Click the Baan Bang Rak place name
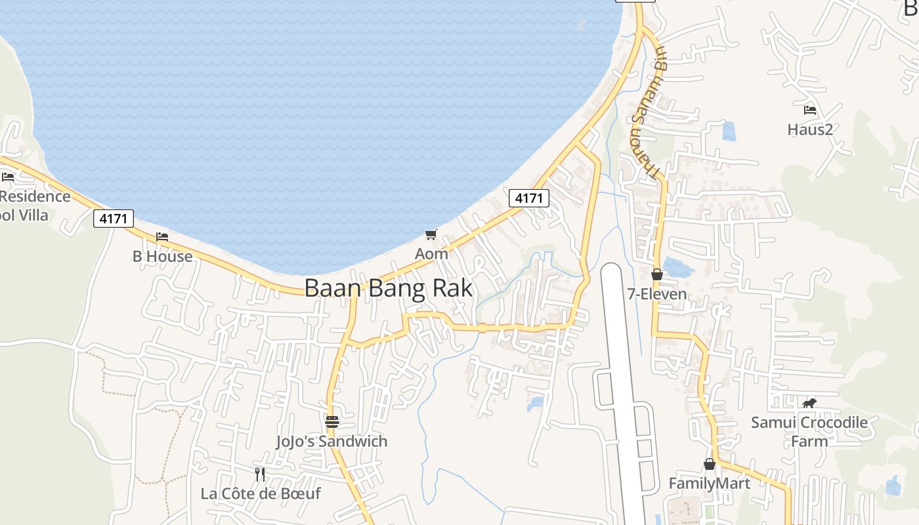pos(389,288)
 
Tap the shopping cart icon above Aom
pos(431,234)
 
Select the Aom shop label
pos(431,253)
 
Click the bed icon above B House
pos(162,236)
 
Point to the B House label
pos(162,256)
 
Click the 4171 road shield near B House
pos(114,218)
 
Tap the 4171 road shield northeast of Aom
pos(528,198)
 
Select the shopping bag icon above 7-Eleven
pos(656,274)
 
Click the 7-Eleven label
pos(657,294)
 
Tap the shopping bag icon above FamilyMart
pos(710,464)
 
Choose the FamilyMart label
pos(709,484)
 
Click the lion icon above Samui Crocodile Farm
pos(809,403)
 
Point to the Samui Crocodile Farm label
pos(809,431)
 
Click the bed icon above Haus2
pos(810,110)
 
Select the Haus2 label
pos(810,129)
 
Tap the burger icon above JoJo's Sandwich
pos(331,421)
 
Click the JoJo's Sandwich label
pos(331,441)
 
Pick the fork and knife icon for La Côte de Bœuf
pos(260,474)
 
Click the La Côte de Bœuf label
pos(261,493)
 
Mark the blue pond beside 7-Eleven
pos(677,267)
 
